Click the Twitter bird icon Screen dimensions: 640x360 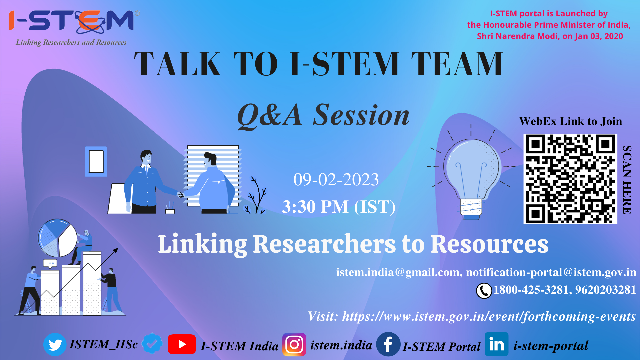click(x=55, y=344)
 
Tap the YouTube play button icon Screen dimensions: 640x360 click(x=182, y=344)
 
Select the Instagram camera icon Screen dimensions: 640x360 click(x=294, y=344)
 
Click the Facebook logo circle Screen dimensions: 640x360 click(x=388, y=344)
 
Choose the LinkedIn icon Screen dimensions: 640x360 click(x=496, y=344)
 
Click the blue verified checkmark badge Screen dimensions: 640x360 click(x=152, y=344)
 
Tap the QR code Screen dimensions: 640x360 click(x=570, y=179)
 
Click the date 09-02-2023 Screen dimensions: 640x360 click(x=336, y=180)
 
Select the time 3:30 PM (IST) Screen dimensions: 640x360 click(x=339, y=207)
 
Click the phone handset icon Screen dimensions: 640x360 click(x=484, y=291)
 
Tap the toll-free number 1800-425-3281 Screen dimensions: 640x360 click(x=531, y=290)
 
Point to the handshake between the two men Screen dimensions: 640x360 click(x=181, y=195)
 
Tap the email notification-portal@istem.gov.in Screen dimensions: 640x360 click(x=551, y=272)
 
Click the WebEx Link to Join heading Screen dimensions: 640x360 click(x=570, y=121)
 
